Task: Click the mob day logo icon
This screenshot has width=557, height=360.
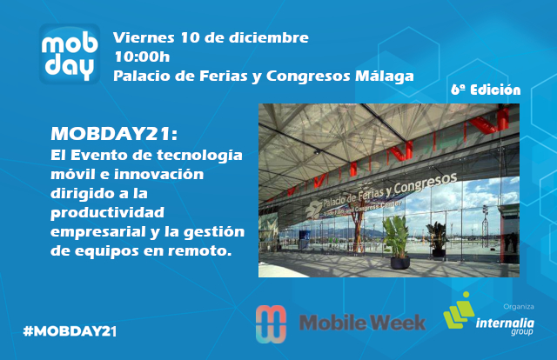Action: coord(70,54)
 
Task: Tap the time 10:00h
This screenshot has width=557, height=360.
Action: coord(142,57)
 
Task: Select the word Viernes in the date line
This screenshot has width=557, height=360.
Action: coord(144,37)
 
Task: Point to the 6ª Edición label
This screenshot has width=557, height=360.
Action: coord(486,90)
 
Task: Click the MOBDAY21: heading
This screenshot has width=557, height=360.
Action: coord(114,134)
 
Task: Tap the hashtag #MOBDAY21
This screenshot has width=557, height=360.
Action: coord(70,331)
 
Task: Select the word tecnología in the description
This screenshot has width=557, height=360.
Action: coord(199,156)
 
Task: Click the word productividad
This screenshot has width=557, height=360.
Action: coord(107,213)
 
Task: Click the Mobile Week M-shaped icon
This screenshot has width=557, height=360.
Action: coord(271,324)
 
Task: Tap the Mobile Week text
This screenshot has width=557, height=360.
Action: coord(362,323)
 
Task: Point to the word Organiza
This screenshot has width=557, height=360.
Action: coord(519,306)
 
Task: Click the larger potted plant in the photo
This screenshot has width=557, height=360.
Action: coord(398,242)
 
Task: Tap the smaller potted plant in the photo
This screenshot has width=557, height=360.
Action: coord(438,238)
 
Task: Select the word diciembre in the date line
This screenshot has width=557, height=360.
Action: coord(268,37)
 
